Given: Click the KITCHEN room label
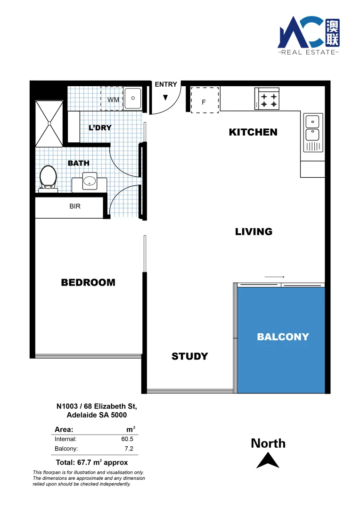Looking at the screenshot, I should coord(253,132).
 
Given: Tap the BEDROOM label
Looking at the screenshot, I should coord(88,283).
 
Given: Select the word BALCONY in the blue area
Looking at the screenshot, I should coord(283,337).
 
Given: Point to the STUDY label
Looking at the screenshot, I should coord(189,356).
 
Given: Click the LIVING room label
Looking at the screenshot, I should coord(254,232).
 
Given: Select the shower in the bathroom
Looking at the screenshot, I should coord(49,123).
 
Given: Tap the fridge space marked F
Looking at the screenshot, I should coord(205,101).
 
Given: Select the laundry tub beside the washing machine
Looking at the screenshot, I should coord(133,99).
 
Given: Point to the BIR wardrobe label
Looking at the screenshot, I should coord(75,206).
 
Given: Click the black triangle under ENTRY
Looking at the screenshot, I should coord(165,98).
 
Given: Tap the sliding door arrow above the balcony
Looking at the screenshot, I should coord(274,277).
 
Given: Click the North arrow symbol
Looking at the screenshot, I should coord(268,460).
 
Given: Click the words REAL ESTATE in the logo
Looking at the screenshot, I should coord(308,52).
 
